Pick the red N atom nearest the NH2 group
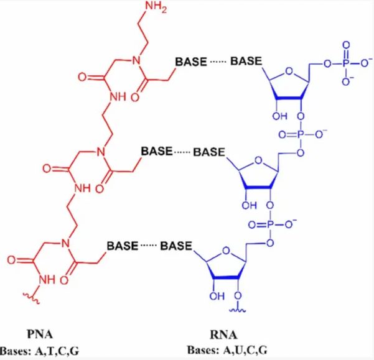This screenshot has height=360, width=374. tap(137, 62)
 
